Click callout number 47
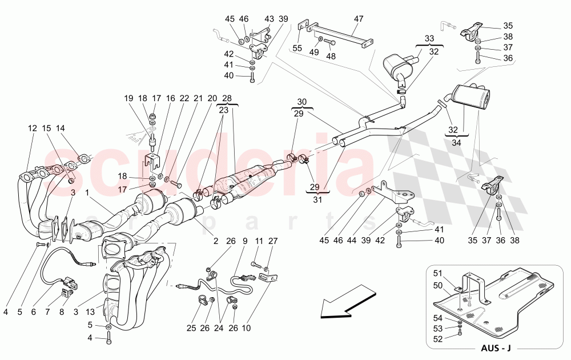[x=359, y=19]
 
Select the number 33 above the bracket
[x=429, y=38]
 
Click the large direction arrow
[x=343, y=307]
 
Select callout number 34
[x=457, y=143]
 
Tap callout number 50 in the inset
[x=437, y=285]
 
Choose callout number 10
[x=247, y=328]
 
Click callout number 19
[x=129, y=98]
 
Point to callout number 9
[x=245, y=241]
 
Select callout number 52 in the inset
[x=437, y=338]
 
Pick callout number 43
[x=269, y=19]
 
